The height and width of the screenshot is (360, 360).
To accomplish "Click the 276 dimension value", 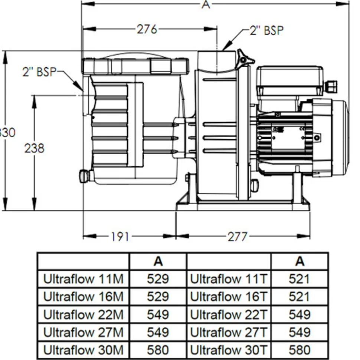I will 147,29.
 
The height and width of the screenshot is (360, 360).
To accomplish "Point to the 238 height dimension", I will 34,148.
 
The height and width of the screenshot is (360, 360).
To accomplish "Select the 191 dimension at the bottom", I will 120,236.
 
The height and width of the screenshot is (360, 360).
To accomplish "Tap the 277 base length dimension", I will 237,236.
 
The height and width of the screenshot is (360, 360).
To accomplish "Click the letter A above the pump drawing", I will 205,4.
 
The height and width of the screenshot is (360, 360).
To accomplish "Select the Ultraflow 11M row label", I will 83,279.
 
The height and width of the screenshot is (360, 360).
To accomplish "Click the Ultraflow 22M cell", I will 83,314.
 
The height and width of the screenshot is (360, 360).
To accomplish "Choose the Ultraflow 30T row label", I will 229,350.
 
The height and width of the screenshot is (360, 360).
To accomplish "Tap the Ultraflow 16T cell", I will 229,297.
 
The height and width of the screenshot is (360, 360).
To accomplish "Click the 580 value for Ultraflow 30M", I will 158,350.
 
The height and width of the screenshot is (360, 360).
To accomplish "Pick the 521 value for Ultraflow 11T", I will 299,279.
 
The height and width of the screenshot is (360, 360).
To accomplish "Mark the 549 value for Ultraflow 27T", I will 299,332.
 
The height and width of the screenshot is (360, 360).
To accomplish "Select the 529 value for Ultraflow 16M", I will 158,297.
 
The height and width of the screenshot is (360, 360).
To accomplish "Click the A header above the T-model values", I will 300,262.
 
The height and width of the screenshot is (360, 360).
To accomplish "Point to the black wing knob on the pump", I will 245,59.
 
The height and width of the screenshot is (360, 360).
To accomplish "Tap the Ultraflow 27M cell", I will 83,332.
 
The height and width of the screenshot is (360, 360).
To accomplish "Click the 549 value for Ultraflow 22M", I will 158,314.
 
